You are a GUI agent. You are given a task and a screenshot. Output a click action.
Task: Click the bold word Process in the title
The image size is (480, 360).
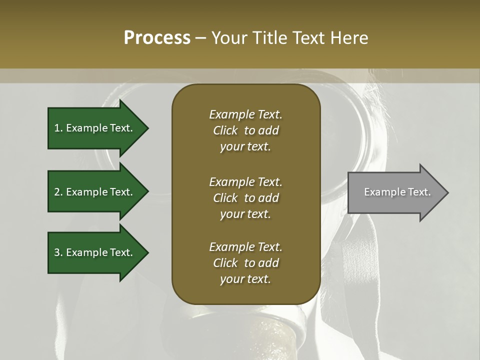pyautogui.click(x=157, y=38)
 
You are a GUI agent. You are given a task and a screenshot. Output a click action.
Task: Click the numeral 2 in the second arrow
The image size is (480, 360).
pyautogui.click(x=57, y=192)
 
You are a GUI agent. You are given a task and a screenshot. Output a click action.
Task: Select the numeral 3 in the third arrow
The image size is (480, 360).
pyautogui.click(x=57, y=252)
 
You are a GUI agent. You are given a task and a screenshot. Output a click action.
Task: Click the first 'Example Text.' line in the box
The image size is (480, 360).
pyautogui.click(x=245, y=114)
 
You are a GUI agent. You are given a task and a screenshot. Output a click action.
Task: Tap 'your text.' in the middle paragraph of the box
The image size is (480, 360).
pyautogui.click(x=245, y=214)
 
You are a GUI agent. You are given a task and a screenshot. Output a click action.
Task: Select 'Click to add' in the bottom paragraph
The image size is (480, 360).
pyautogui.click(x=245, y=263)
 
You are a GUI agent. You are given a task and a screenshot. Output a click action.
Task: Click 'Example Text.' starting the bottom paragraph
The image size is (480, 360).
pyautogui.click(x=245, y=247)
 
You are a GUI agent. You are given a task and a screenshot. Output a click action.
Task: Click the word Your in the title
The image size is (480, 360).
pyautogui.click(x=228, y=38)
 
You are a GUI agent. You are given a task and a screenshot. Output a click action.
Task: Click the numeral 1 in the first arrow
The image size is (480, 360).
pyautogui.click(x=56, y=128)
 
